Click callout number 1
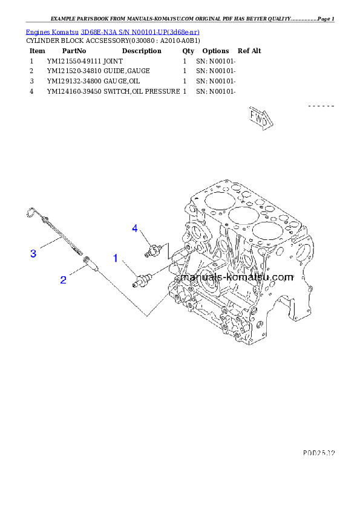[115, 258]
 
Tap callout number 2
[63, 279]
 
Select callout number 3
[33, 254]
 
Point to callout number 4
[136, 228]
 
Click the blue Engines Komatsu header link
[113, 31]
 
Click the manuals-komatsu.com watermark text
[237, 277]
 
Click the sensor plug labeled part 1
[143, 279]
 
